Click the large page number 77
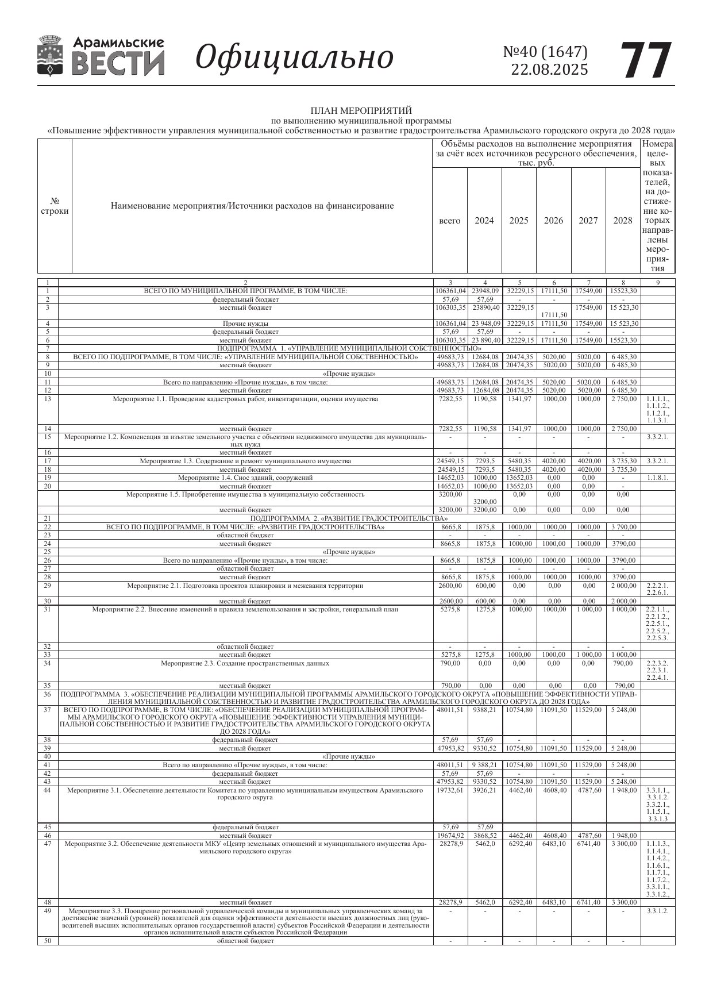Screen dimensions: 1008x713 [x=646, y=60]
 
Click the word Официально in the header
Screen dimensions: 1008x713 [x=295, y=57]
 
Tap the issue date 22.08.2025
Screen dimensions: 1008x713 [x=549, y=70]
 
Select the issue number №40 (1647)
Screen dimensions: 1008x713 [x=545, y=52]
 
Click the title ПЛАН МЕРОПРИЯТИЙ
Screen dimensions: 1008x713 [x=361, y=110]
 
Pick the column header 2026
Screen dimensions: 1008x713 [x=553, y=221]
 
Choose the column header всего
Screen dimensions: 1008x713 [x=449, y=221]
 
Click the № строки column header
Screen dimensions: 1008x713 [x=55, y=206]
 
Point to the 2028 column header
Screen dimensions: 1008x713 [x=623, y=221]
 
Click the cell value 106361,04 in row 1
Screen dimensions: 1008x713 [x=450, y=291]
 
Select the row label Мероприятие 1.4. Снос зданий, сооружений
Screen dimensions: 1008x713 [x=245, y=478]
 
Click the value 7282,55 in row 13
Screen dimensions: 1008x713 [x=450, y=399]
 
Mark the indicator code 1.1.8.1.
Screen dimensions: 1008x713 [x=657, y=478]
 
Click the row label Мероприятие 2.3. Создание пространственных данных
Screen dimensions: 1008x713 [x=245, y=663]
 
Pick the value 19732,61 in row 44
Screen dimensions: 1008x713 [x=450, y=790]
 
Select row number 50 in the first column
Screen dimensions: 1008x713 [x=48, y=941]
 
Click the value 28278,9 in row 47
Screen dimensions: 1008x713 [x=450, y=843]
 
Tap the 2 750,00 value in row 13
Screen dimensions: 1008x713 [x=623, y=399]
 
